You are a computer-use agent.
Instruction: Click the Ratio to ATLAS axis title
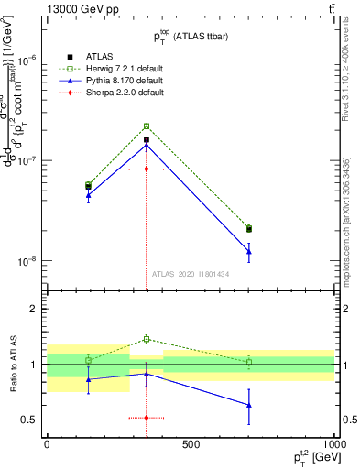pyautogui.click(x=12, y=365)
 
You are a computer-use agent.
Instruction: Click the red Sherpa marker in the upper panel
pyautogui.click(x=146, y=169)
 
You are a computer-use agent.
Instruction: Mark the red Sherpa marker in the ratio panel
pyautogui.click(x=146, y=418)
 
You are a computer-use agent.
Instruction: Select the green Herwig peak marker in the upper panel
pyautogui.click(x=146, y=126)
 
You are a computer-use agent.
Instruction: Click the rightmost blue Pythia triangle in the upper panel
pyautogui.click(x=249, y=251)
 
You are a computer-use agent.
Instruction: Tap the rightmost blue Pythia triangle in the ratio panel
pyautogui.click(x=249, y=405)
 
